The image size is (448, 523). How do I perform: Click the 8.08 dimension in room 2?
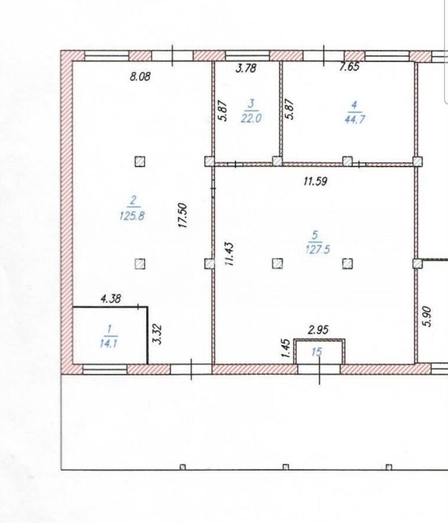140,76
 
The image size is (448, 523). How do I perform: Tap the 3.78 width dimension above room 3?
246,68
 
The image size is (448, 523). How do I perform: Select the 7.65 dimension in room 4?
349,66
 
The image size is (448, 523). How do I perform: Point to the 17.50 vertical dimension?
183,216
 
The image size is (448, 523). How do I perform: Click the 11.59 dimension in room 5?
316,181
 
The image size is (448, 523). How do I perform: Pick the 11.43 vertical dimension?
229,254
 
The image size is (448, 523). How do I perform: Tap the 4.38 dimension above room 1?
111,298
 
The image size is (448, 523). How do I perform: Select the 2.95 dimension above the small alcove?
318,330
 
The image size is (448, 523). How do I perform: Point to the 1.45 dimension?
287,349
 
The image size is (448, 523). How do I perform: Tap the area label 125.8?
132,216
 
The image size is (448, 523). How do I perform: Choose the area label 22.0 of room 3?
251,118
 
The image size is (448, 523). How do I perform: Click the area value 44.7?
355,119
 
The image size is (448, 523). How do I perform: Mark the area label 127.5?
318,249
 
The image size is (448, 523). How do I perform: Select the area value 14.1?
108,343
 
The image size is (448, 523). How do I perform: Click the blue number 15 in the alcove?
317,352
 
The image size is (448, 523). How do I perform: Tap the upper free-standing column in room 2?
140,162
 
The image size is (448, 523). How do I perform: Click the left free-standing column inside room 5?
277,264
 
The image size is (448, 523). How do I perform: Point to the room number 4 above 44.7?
354,105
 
